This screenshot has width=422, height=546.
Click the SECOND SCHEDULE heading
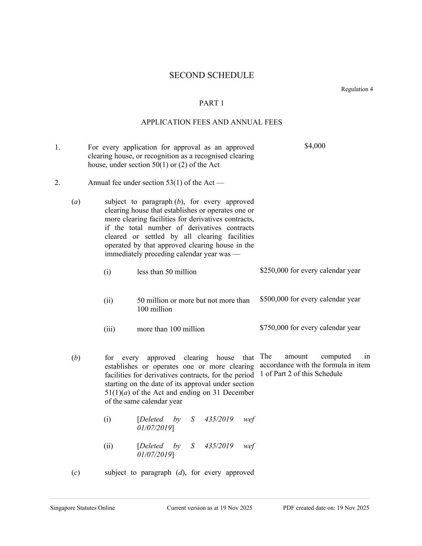click(x=211, y=75)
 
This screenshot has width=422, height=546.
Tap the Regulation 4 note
click(x=357, y=89)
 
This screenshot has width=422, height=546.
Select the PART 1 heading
click(x=211, y=103)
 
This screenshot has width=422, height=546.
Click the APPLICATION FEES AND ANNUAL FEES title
click(x=211, y=122)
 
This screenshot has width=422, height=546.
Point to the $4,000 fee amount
click(x=315, y=146)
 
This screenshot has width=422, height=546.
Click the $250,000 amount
click(x=274, y=271)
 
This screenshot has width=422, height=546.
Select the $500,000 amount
click(x=274, y=299)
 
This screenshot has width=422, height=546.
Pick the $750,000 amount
click(x=274, y=328)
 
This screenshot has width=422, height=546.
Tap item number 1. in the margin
click(x=57, y=147)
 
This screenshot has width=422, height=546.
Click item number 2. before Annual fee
click(x=57, y=183)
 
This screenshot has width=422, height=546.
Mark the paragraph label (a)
click(x=76, y=202)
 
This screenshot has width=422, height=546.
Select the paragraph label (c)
click(x=76, y=473)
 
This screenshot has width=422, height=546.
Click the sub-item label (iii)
click(x=109, y=329)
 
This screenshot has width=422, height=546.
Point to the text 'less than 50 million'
click(x=167, y=272)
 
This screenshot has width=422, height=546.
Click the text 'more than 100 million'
click(x=171, y=329)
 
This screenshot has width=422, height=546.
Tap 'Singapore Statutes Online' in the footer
click(x=82, y=508)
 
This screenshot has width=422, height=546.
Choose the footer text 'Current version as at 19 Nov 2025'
click(x=209, y=508)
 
